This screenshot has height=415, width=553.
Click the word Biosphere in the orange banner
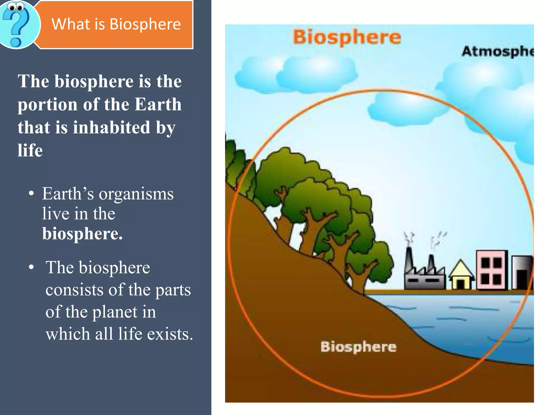click(x=145, y=24)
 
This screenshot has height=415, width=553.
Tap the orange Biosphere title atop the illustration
click(x=347, y=37)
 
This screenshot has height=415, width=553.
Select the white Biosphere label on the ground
click(x=358, y=347)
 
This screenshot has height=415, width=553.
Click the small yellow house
click(x=461, y=276)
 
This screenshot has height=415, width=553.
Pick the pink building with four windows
click(x=491, y=270)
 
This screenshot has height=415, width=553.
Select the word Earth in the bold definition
click(x=158, y=105)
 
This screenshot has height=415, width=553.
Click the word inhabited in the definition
click(x=111, y=128)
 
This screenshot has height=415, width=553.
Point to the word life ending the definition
click(x=30, y=150)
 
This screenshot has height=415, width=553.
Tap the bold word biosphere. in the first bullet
click(x=82, y=234)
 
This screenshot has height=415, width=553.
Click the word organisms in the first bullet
click(x=136, y=194)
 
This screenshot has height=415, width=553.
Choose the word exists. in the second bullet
click(x=170, y=334)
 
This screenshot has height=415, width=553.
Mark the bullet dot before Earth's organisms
click(x=32, y=194)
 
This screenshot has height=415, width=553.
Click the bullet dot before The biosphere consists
click(x=32, y=267)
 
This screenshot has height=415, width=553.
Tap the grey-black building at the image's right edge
click(x=522, y=273)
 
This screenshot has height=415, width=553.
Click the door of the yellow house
click(x=461, y=284)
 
